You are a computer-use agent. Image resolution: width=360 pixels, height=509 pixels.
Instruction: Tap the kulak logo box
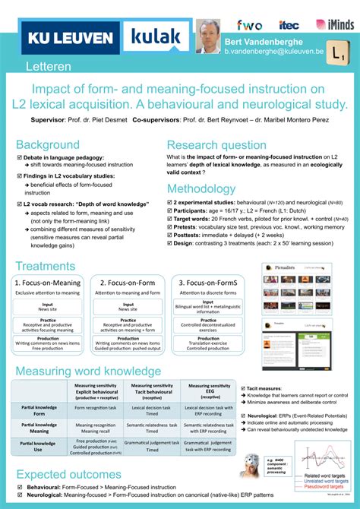[x=156, y=37]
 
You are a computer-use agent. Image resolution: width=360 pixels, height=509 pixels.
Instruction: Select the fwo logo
[x=249, y=25]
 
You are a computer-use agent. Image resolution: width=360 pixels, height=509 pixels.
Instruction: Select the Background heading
[x=48, y=144]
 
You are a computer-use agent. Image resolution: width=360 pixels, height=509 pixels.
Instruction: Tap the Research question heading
[x=216, y=144]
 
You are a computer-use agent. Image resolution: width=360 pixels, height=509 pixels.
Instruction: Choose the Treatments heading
[x=45, y=266]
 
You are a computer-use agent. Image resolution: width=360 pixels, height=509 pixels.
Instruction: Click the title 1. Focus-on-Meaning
[x=47, y=283]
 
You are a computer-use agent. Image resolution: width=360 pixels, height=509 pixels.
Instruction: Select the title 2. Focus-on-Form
[x=126, y=283]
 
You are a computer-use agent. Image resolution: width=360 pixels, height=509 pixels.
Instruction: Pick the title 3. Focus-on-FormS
[x=207, y=283]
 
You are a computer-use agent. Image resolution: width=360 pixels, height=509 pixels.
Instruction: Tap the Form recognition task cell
[x=96, y=409]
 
